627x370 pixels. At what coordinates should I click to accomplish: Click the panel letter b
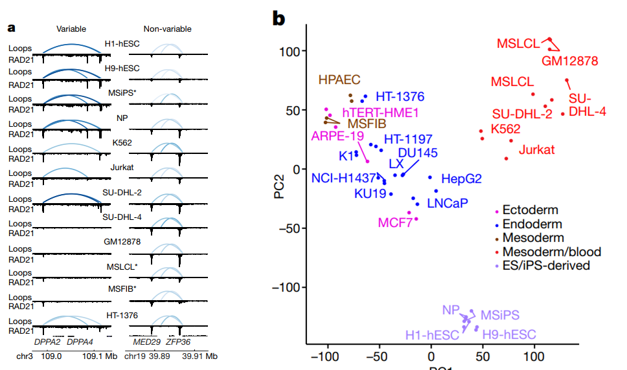click(279, 19)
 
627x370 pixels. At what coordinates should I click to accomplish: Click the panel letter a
click(12, 28)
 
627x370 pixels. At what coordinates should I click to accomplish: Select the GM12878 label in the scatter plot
click(570, 61)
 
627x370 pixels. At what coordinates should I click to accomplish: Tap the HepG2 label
click(461, 179)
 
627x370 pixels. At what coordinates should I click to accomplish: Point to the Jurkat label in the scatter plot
click(537, 149)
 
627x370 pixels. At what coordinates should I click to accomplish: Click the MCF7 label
click(396, 223)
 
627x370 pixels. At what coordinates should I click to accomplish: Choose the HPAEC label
click(340, 80)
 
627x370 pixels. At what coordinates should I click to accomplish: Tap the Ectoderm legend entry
click(530, 210)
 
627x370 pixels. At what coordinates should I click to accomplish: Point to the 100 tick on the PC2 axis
click(293, 50)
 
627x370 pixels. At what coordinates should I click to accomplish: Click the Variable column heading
click(71, 29)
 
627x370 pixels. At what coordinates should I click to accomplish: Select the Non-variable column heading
click(167, 29)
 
